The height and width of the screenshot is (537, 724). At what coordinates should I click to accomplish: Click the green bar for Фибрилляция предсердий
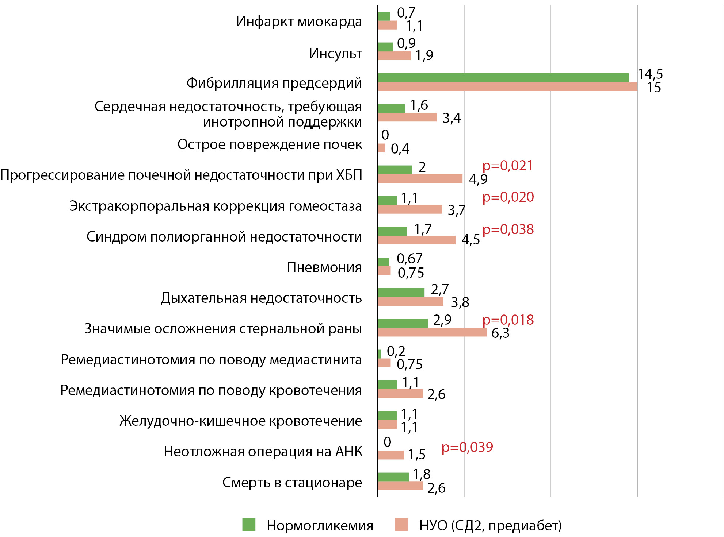(x=503, y=78)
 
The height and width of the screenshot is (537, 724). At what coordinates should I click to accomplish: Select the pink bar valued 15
(x=508, y=86)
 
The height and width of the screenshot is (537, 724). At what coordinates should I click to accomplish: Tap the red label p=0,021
(x=507, y=166)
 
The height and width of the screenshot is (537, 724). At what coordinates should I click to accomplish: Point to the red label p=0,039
(x=467, y=447)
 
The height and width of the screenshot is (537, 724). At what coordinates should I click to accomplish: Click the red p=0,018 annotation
(x=508, y=320)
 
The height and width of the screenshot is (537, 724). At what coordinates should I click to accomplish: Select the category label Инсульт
(x=335, y=53)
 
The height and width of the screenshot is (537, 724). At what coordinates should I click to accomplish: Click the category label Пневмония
(x=324, y=267)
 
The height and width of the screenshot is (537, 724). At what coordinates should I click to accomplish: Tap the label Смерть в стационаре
(x=292, y=482)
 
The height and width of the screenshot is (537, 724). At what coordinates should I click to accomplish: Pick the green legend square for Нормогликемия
(x=249, y=525)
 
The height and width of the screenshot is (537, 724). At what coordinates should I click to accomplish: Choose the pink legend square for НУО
(x=401, y=525)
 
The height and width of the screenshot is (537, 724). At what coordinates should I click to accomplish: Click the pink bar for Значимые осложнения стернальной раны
(x=432, y=332)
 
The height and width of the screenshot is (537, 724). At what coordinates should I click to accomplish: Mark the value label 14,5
(x=650, y=74)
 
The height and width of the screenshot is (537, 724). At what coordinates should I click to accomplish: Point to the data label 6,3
(x=500, y=333)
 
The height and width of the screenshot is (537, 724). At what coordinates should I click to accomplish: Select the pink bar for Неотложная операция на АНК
(x=391, y=455)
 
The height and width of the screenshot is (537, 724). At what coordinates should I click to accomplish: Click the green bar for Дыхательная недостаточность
(x=401, y=293)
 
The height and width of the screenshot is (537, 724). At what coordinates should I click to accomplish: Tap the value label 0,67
(x=409, y=259)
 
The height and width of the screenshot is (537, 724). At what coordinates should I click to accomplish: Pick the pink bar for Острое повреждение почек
(x=381, y=148)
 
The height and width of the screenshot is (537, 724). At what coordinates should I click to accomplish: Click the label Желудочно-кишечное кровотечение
(x=241, y=421)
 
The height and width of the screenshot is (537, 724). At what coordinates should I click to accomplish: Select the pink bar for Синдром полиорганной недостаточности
(x=417, y=240)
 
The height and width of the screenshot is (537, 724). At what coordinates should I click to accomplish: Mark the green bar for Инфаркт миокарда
(x=384, y=16)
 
